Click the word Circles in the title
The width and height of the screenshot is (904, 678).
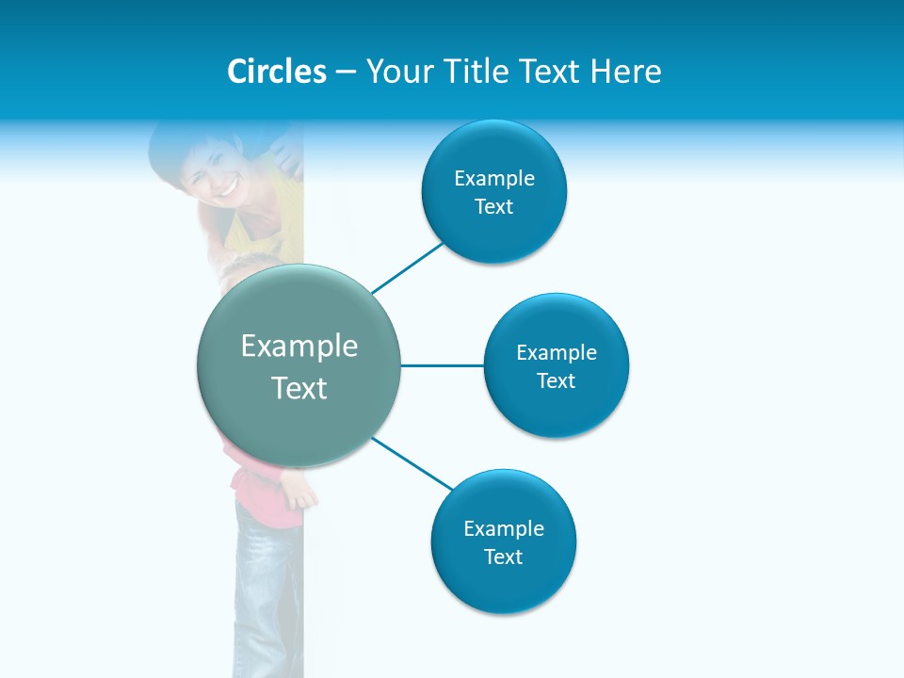click(x=277, y=72)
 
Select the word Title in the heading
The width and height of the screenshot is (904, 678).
click(x=478, y=72)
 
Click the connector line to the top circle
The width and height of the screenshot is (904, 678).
click(x=407, y=267)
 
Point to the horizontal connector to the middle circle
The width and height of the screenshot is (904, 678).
click(x=443, y=365)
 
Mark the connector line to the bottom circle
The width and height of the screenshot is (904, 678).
click(x=412, y=462)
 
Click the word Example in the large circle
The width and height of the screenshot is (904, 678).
click(x=299, y=347)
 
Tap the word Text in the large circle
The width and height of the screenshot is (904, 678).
click(x=299, y=388)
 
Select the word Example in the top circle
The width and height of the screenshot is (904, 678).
click(x=494, y=179)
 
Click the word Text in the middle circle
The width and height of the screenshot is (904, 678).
click(x=556, y=381)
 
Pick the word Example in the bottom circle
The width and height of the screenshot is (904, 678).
click(x=504, y=529)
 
